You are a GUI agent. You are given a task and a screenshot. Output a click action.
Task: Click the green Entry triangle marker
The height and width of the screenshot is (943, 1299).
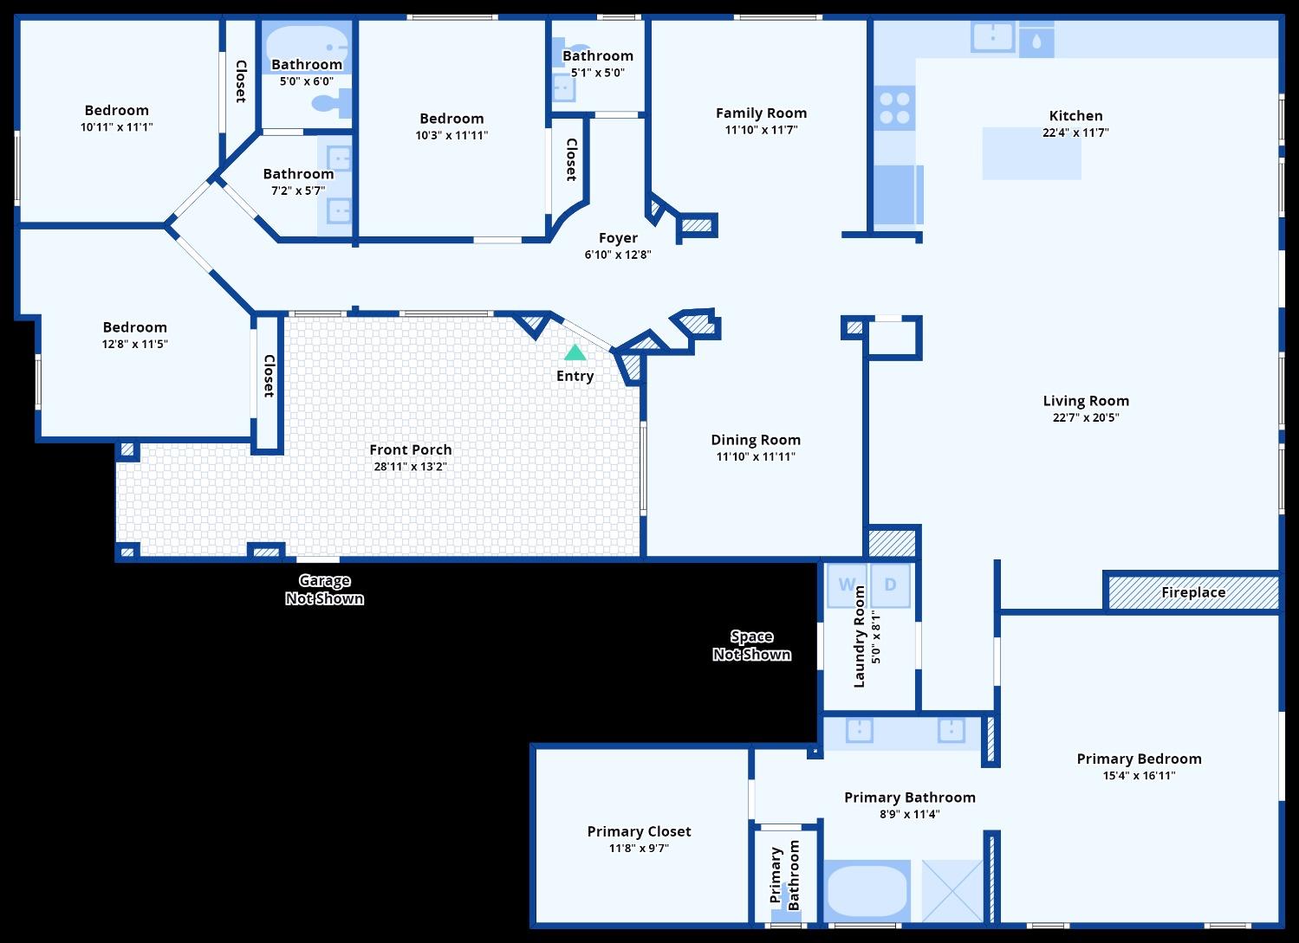coord(575,352)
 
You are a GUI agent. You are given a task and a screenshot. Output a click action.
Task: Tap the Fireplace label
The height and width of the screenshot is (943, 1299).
coord(1193,592)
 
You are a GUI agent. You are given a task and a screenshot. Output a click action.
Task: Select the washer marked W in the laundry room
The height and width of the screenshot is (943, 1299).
coord(846,585)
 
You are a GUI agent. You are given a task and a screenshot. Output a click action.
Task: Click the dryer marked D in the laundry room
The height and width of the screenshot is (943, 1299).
coord(890,585)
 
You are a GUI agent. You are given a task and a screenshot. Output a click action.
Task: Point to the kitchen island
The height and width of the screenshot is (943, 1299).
coord(1031,154)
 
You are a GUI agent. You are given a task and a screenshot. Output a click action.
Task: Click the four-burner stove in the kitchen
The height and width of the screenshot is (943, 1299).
coord(894,108)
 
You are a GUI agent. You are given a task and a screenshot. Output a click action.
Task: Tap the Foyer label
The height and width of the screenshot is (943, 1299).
coord(618,237)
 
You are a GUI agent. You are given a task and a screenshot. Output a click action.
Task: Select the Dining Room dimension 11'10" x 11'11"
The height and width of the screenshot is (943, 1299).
coord(756,456)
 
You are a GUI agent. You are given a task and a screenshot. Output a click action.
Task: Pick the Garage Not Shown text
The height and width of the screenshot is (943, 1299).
coord(324,590)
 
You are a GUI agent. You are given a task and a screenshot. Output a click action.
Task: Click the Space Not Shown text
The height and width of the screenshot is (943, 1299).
coord(751,646)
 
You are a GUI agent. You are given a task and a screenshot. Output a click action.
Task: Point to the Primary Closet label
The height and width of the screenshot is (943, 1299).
coord(639,831)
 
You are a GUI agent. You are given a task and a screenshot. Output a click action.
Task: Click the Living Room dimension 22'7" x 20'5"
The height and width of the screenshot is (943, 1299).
coord(1086,417)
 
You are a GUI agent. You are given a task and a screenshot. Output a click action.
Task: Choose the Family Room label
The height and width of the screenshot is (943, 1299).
coord(761,113)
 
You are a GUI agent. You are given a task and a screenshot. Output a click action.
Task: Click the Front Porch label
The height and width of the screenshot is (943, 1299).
coord(410,449)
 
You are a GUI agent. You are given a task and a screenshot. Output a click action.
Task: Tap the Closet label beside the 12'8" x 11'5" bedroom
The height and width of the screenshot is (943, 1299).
coord(269,376)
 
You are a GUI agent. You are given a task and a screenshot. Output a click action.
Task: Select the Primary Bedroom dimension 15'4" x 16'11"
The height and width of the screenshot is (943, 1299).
coord(1139,776)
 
